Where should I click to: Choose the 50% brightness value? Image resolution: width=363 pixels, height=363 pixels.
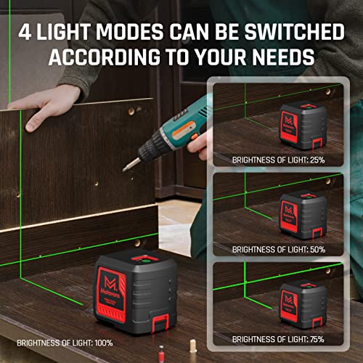click(x=314, y=249)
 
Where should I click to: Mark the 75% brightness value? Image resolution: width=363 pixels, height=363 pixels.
click(x=314, y=338)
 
